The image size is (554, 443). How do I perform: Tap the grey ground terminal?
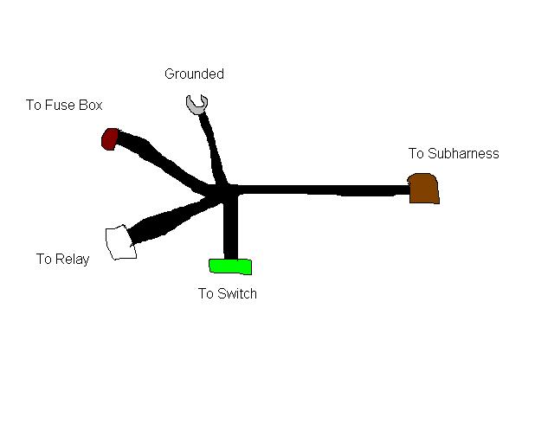(197, 105)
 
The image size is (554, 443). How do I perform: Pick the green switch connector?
(229, 266)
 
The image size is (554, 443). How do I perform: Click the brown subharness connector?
(423, 189)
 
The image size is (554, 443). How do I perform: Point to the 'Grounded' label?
(194, 74)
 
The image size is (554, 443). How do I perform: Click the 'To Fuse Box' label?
(64, 106)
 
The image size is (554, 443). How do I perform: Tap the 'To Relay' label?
(62, 259)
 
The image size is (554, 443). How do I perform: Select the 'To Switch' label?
(227, 293)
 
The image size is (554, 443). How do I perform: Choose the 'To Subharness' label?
(454, 154)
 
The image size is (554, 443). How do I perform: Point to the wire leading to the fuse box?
(164, 162)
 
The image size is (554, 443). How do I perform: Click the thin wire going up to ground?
(211, 147)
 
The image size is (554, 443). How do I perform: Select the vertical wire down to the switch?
(230, 229)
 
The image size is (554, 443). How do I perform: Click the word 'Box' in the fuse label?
(91, 106)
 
